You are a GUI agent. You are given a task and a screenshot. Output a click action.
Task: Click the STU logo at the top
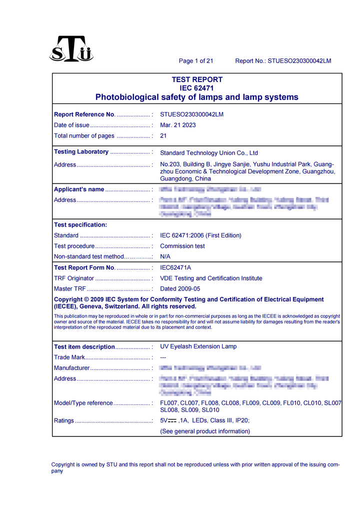click(71, 49)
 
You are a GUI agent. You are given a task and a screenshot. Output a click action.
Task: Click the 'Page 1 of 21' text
click(196, 61)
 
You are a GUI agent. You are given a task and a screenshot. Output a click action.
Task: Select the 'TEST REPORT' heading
click(197, 79)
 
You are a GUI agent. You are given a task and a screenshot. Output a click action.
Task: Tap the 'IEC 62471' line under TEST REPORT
click(197, 88)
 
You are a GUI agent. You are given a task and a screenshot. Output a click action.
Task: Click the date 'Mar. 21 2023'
click(178, 125)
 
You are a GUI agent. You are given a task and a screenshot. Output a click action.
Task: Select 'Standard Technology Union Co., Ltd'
click(209, 153)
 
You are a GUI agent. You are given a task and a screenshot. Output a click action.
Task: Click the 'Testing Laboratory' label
click(81, 151)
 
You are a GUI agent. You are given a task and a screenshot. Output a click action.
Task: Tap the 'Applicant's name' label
click(79, 189)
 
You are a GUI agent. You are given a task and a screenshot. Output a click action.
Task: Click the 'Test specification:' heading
click(80, 224)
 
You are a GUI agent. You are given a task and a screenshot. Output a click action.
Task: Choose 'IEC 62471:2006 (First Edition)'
click(200, 235)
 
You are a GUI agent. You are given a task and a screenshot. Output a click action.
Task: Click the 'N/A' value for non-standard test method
click(165, 256)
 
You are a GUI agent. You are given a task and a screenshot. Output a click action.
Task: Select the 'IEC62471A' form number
click(175, 267)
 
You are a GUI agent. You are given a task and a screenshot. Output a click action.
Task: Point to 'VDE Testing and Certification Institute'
click(211, 278)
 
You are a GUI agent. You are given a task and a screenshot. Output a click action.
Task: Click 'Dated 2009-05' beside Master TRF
click(180, 289)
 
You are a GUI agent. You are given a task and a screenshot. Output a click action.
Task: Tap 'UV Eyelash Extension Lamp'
click(198, 346)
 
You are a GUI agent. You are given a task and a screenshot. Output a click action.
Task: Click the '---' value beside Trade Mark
click(163, 357)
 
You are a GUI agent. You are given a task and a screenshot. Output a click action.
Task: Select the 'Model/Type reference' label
click(83, 403)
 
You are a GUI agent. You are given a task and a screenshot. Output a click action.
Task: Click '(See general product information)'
click(205, 431)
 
